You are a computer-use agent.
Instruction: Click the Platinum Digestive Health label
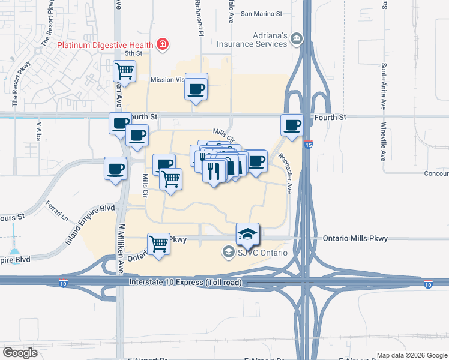click(x=104, y=44)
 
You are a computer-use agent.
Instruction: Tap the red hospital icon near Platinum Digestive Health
click(x=162, y=44)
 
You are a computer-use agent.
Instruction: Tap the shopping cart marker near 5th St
click(x=125, y=72)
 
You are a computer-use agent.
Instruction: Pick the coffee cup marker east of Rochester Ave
click(x=292, y=125)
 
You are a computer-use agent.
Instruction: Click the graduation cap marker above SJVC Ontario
click(x=247, y=235)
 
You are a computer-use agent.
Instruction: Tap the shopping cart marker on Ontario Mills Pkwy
click(x=159, y=244)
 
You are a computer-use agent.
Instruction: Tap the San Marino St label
click(x=261, y=13)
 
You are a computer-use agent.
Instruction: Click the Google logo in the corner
click(x=20, y=352)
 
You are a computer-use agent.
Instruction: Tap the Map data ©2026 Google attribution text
click(x=411, y=355)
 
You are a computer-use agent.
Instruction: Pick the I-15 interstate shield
click(x=309, y=145)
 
